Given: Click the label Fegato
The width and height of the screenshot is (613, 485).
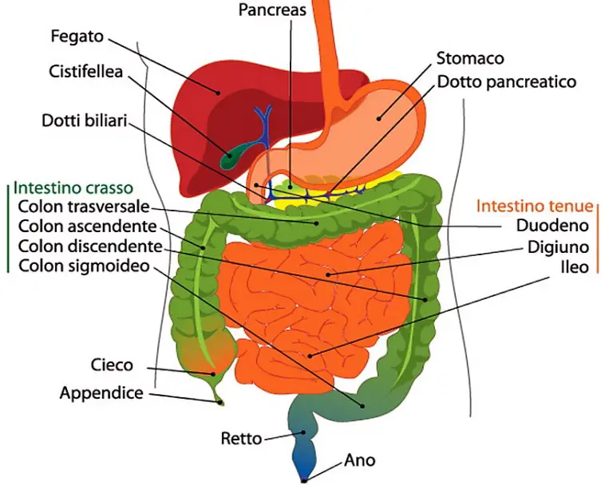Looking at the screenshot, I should point(78,37).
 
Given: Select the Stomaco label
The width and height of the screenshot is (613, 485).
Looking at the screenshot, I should point(470,58).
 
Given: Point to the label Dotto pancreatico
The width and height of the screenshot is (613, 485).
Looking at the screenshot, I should point(506,81).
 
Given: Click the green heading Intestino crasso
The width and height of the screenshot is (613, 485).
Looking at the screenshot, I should point(73,189).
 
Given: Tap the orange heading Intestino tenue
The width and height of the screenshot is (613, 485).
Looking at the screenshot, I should point(534,206).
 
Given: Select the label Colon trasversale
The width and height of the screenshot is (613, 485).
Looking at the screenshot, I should point(84,207).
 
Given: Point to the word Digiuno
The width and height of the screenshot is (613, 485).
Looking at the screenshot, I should point(558,246).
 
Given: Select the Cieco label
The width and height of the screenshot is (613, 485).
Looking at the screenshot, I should point(112,366).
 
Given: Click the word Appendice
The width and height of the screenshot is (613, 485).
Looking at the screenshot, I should point(101,392).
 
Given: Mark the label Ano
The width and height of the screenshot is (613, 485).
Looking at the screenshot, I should point(359,460).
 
